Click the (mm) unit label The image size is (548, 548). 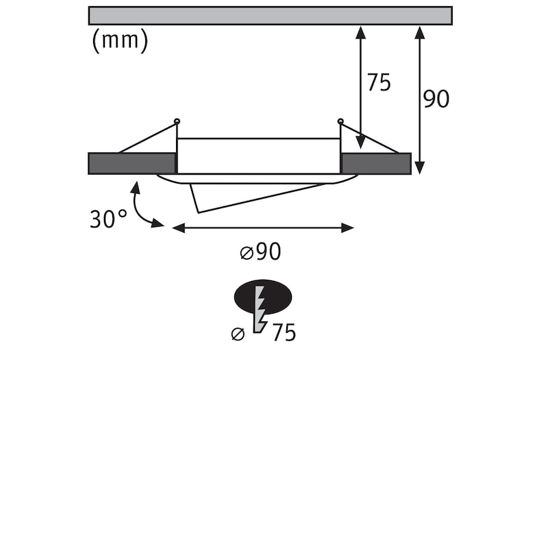point(120,41)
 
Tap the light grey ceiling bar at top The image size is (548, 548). point(270,15)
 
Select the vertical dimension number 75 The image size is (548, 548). point(379,83)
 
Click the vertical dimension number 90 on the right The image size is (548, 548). point(436,99)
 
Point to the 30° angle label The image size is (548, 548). point(108,219)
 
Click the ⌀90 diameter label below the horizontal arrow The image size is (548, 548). point(260,251)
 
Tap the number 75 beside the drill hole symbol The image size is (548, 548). point(284,332)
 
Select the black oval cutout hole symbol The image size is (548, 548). point(263,297)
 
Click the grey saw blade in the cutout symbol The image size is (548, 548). point(260,310)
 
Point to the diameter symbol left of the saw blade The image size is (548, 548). point(238,334)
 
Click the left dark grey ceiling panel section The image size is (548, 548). point(132,163)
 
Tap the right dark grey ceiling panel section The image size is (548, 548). point(376,163)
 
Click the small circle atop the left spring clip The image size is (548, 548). point(177,122)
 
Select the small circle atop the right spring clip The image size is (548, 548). point(340,121)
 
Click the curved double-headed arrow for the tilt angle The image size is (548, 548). point(145,207)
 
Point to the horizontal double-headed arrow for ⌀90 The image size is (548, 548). point(263,228)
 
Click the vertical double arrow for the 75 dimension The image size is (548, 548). point(361,88)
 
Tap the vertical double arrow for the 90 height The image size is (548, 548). point(420,100)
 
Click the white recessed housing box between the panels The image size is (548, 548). point(259,156)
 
